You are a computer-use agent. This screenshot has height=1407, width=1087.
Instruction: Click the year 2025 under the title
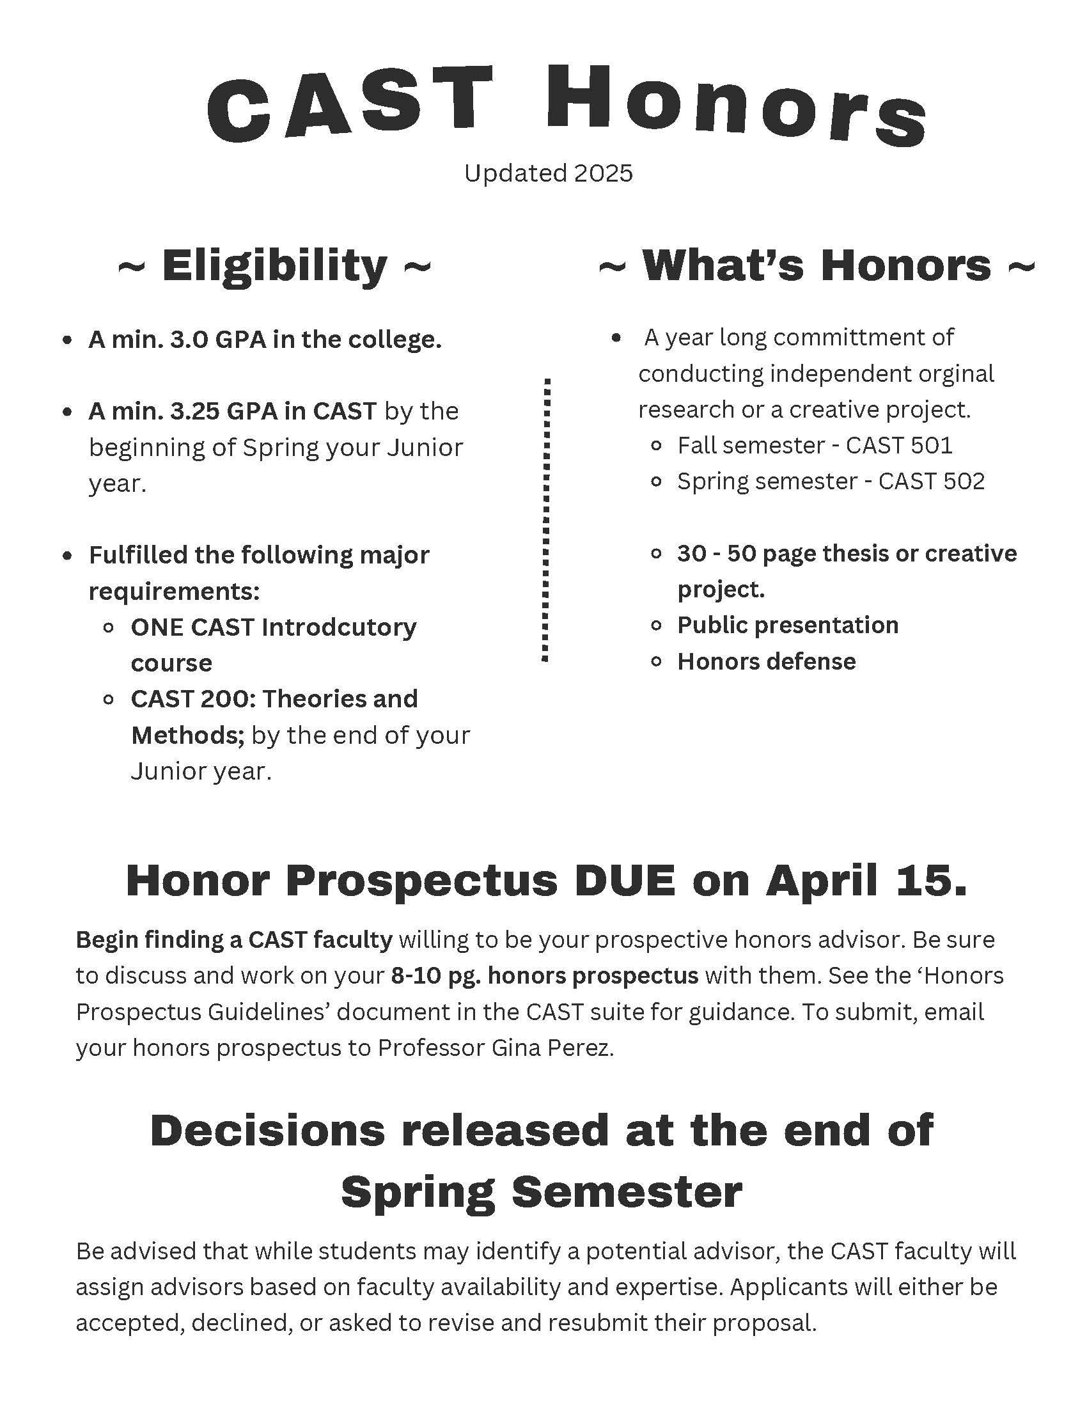tap(603, 173)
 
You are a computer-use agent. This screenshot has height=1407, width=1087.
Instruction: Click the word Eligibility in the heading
tap(274, 265)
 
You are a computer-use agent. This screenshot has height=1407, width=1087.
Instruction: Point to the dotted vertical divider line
tap(547, 519)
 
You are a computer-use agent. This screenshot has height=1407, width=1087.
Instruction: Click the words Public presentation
tap(787, 625)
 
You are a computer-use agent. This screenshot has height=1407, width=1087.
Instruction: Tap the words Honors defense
tap(766, 661)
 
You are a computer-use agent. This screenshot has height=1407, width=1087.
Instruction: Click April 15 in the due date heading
tap(865, 880)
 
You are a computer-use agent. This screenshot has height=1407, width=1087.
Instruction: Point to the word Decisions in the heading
tap(267, 1130)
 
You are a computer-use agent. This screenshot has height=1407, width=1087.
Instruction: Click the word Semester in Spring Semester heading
tap(627, 1191)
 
